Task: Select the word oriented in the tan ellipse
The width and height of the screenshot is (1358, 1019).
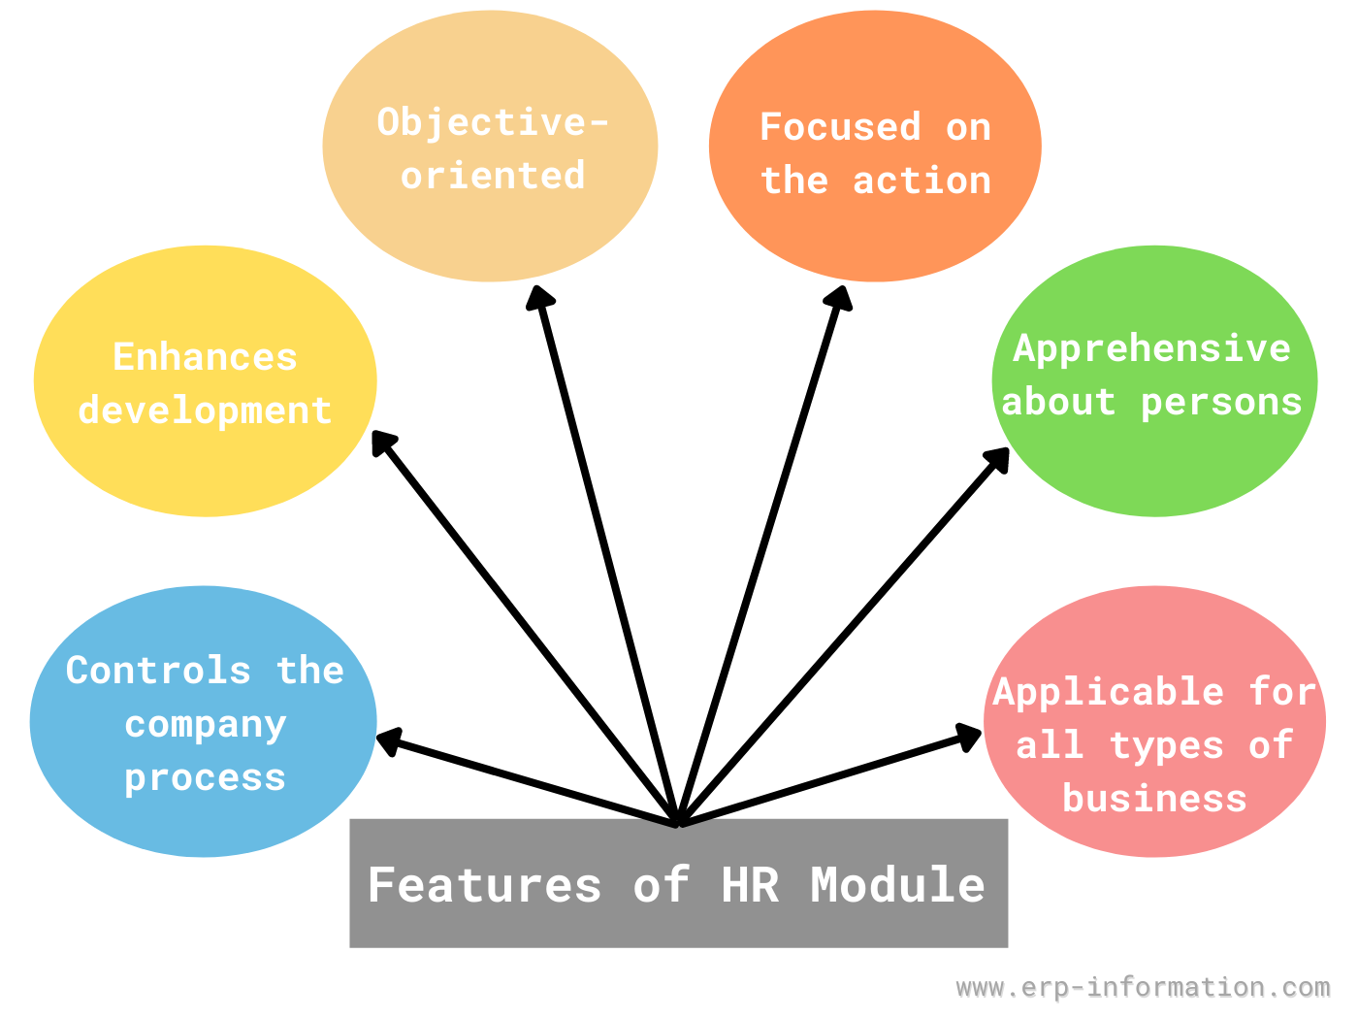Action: (x=493, y=175)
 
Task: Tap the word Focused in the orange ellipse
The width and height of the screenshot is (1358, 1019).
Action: (x=840, y=126)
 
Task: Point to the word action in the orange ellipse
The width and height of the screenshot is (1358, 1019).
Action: (x=921, y=181)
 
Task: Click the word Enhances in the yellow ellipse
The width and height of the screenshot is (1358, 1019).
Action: (x=205, y=357)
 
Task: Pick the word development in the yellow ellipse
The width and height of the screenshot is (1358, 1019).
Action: (x=205, y=411)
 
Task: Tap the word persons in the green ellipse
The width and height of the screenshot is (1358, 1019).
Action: (x=1221, y=405)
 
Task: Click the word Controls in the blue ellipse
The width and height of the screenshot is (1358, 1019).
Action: (x=158, y=670)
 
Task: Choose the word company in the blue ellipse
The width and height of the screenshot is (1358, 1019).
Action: (x=206, y=726)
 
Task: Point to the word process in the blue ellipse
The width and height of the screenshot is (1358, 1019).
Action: (x=206, y=779)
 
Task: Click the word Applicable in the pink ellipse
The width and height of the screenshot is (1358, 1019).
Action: (x=1109, y=693)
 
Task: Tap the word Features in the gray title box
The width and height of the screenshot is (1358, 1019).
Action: (x=484, y=885)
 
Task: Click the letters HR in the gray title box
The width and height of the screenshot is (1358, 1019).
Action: (x=750, y=885)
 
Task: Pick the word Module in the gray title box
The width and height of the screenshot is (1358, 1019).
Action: (x=897, y=885)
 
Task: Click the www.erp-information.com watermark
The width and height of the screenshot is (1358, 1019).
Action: (x=1143, y=987)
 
